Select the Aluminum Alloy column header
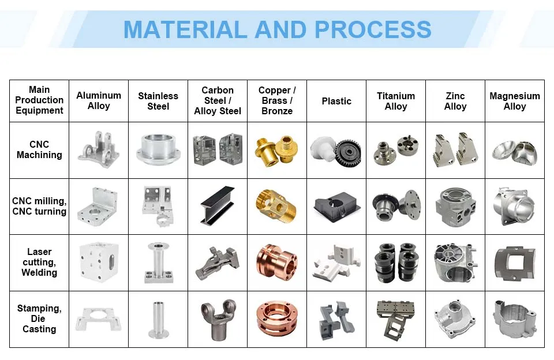pyautogui.click(x=99, y=100)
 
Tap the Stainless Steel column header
pyautogui.click(x=158, y=101)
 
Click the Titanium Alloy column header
pyautogui.click(x=396, y=101)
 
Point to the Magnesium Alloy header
pyautogui.click(x=515, y=101)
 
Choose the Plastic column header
pyautogui.click(x=336, y=101)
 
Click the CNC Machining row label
pyautogui.click(x=39, y=149)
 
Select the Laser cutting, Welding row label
pyautogui.click(x=39, y=262)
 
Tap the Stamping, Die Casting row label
pyautogui.click(x=39, y=318)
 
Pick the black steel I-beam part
pyautogui.click(x=218, y=205)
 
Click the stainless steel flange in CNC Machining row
pyautogui.click(x=158, y=149)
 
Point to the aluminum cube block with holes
pyautogui.click(x=98, y=262)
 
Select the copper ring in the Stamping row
pyautogui.click(x=277, y=318)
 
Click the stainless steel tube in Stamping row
pyautogui.click(x=158, y=319)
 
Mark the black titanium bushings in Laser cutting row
pyautogui.click(x=396, y=262)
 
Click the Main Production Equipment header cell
pyautogui.click(x=39, y=100)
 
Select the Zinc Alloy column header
pyautogui.click(x=455, y=101)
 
